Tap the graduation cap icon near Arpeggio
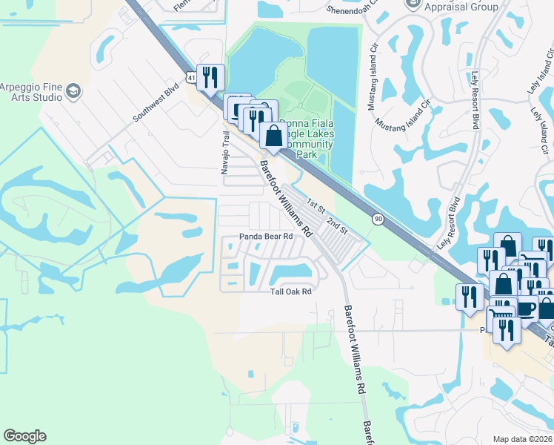click(x=73, y=90)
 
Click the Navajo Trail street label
click(x=227, y=153)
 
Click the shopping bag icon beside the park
click(x=274, y=136)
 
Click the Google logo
click(x=24, y=436)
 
